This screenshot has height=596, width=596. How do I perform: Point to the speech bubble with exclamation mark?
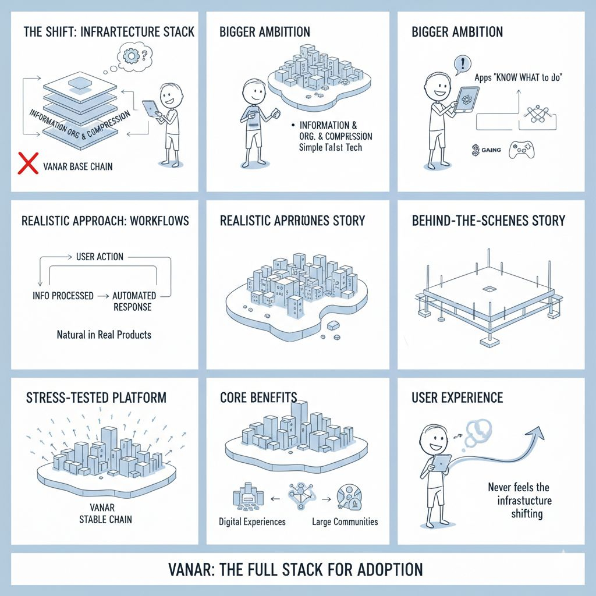tap(462, 63)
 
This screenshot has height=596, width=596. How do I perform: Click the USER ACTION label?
tap(100, 257)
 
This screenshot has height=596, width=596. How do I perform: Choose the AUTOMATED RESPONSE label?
tap(134, 301)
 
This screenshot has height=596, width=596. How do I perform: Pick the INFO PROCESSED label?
tap(63, 296)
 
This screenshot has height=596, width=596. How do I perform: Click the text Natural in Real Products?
tap(104, 335)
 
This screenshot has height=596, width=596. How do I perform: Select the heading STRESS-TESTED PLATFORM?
tap(96, 398)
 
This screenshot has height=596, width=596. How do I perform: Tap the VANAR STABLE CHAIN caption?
tap(105, 513)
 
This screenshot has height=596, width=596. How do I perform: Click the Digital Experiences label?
tap(252, 521)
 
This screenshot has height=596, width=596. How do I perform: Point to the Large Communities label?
tap(345, 521)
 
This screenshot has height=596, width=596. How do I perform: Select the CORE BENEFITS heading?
tap(258, 398)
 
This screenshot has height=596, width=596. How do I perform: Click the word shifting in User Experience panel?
tap(527, 514)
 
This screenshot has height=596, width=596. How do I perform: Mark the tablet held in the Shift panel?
tap(150, 108)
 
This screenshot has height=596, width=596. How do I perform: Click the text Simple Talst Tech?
tap(331, 147)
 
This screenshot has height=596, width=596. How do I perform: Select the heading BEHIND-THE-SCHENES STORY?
tap(488, 221)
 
